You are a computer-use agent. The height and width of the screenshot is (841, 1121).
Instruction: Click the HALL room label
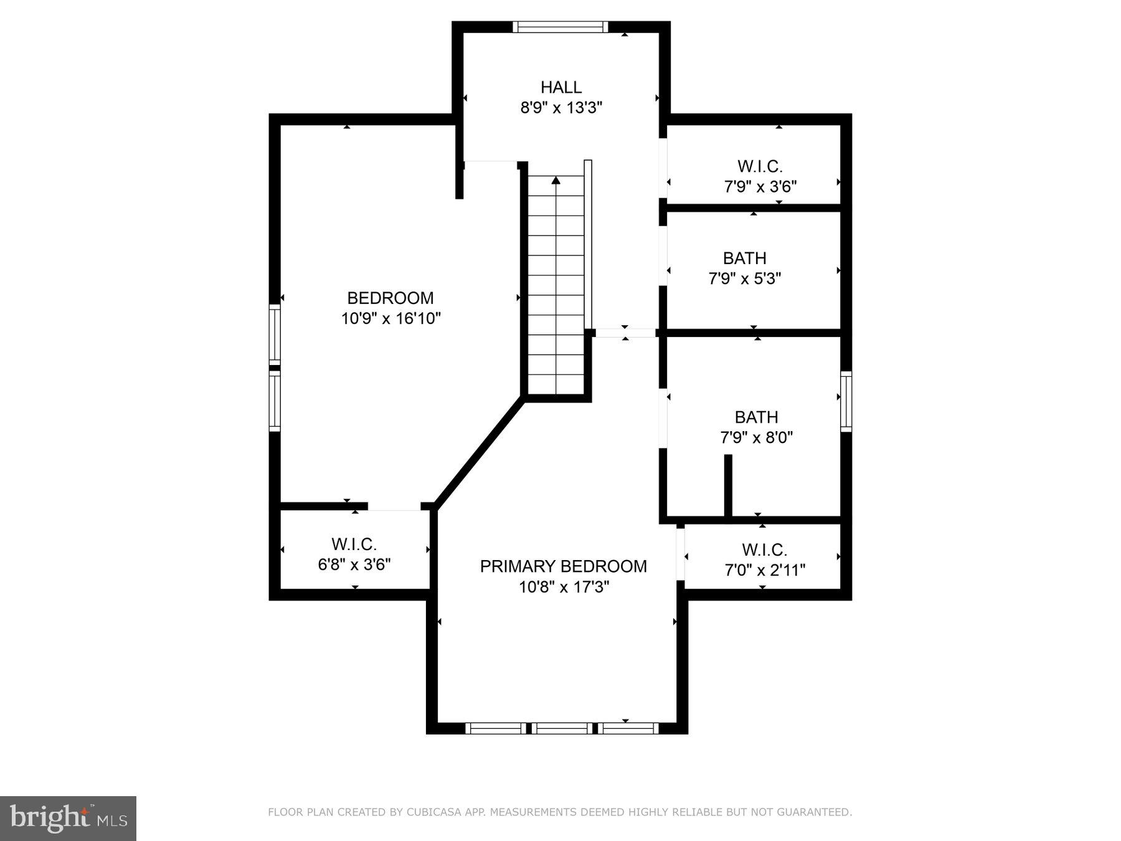(560, 87)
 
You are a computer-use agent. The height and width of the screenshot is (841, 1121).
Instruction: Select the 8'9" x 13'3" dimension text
(560, 108)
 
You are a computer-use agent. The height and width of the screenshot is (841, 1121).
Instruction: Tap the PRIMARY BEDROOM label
(563, 566)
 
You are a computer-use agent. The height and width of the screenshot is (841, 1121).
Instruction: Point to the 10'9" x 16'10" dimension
(390, 318)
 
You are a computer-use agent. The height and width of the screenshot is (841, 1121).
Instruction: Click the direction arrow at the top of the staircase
(556, 181)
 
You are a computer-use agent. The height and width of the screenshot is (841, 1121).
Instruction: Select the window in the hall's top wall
(560, 27)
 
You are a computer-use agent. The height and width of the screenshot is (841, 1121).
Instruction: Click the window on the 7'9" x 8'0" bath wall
(846, 401)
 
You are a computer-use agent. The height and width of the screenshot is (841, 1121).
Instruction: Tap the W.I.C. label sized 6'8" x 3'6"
(354, 544)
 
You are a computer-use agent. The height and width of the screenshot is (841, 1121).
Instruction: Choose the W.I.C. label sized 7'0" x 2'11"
(764, 550)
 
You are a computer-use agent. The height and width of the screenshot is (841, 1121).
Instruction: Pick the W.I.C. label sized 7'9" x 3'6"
(760, 166)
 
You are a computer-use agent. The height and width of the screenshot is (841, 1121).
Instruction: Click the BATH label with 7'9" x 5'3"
(744, 258)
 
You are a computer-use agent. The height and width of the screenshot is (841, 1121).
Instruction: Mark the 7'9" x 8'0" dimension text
(756, 437)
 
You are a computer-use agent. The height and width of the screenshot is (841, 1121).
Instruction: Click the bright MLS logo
(68, 818)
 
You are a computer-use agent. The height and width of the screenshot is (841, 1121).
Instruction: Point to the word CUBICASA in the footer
(430, 812)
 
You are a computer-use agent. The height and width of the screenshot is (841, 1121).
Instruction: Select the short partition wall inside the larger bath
(727, 485)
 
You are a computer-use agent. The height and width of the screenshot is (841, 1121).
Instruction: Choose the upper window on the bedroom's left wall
(274, 334)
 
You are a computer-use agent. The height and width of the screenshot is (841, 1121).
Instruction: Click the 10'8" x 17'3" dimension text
(564, 587)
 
